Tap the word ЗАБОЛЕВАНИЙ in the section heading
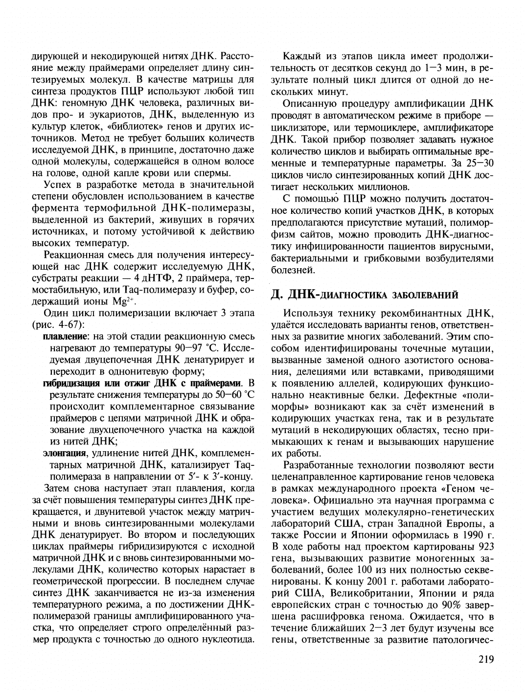(431, 295)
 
